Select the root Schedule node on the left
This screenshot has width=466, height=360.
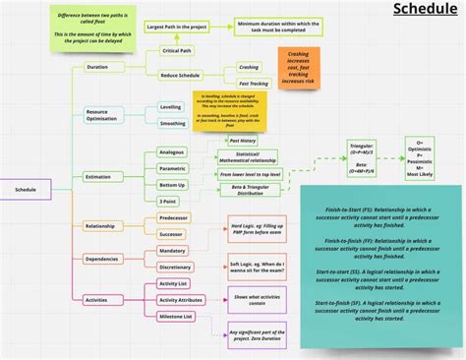coord(26,189)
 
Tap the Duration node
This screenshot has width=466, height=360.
coord(97,67)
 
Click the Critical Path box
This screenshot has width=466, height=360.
coord(177,49)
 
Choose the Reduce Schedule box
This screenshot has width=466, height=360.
coord(181,76)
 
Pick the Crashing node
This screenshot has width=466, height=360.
coord(248,67)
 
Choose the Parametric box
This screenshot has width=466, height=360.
coord(172,168)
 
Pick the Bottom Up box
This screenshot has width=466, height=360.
coord(172,184)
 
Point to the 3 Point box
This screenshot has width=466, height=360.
coord(168,201)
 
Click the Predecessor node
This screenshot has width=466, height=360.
coord(173,217)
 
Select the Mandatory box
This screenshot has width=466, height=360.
coord(173,250)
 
